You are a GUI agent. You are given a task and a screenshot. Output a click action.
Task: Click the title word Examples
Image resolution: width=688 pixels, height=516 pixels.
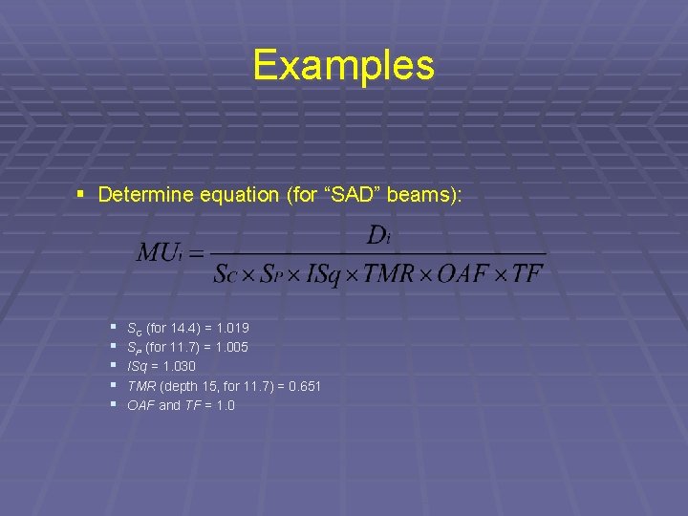[344, 66]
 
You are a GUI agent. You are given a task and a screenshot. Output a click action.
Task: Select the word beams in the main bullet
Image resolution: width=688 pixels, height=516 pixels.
[419, 195]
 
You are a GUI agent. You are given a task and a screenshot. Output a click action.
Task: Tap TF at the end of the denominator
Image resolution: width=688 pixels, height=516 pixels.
[527, 274]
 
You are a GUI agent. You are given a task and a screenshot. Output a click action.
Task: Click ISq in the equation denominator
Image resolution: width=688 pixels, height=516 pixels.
[327, 274]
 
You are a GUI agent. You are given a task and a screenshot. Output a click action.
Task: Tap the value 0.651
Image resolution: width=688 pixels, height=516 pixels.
[304, 386]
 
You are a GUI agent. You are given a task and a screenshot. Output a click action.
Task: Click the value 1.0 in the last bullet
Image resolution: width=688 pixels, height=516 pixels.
[225, 405]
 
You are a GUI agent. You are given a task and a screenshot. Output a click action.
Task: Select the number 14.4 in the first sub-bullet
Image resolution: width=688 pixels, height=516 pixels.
[182, 329]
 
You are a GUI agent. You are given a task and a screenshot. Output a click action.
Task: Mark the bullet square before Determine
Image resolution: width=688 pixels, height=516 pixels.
[83, 195]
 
